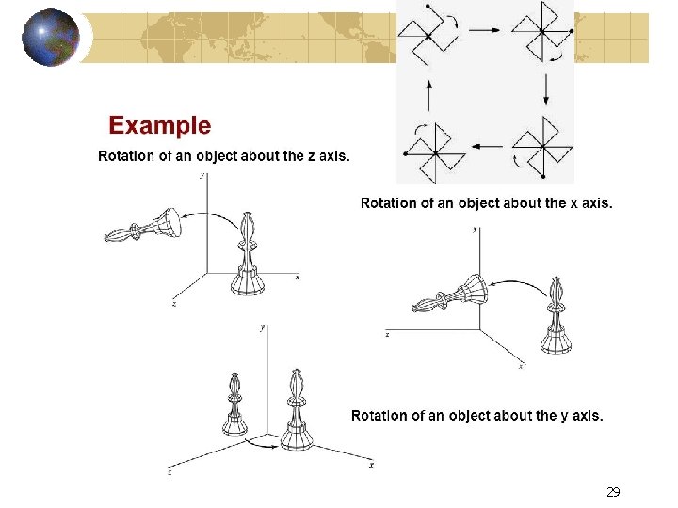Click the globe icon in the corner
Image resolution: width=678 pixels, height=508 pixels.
coord(50,39)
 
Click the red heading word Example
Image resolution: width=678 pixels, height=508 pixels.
coord(160,125)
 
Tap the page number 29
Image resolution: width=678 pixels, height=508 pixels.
coord(613,491)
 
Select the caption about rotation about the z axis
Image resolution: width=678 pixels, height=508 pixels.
coord(224,156)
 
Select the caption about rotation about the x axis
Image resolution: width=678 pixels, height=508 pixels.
coord(486,202)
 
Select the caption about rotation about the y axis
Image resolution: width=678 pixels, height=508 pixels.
coord(476,415)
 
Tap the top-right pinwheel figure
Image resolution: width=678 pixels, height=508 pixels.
coord(543,33)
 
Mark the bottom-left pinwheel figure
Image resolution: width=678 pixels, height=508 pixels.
coord(434,150)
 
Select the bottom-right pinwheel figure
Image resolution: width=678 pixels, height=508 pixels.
coord(543,146)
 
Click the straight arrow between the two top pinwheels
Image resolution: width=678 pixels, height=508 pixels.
coord(485,30)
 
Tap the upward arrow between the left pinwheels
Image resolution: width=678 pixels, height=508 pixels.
coord(429,94)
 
